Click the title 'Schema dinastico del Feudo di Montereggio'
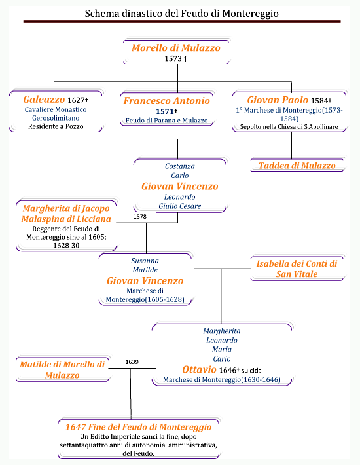click(x=181, y=14)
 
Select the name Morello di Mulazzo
click(x=176, y=48)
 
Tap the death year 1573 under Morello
click(x=173, y=58)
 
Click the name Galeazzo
click(x=44, y=100)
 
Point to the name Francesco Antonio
click(x=166, y=101)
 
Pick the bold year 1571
click(x=164, y=111)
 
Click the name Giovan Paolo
click(x=278, y=100)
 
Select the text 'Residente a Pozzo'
click(x=56, y=126)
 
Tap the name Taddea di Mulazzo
click(x=297, y=166)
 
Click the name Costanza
click(x=180, y=166)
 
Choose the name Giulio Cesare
click(x=180, y=206)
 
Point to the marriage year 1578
click(x=140, y=217)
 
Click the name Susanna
click(x=145, y=261)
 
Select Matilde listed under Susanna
click(x=145, y=270)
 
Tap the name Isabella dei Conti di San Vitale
click(x=297, y=269)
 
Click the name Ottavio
click(x=199, y=369)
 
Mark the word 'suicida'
click(x=251, y=371)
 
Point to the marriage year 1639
click(x=132, y=362)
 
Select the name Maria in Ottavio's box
click(x=222, y=349)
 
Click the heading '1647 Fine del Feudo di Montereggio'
click(x=138, y=427)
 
